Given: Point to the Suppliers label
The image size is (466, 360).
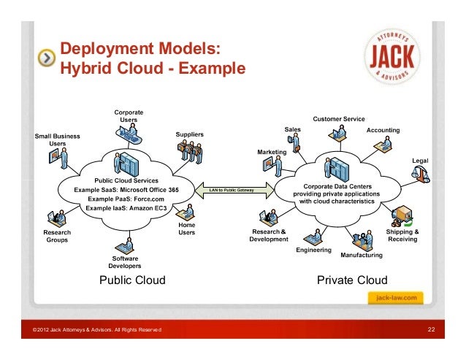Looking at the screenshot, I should click(x=189, y=134).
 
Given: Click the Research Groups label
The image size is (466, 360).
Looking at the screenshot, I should click(x=57, y=235).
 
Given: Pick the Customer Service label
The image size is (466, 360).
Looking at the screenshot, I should click(x=338, y=118).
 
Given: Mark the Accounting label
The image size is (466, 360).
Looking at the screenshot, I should click(x=383, y=130).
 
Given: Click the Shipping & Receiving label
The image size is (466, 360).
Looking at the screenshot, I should click(x=402, y=235).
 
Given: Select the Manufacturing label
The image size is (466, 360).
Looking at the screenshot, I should click(x=362, y=255).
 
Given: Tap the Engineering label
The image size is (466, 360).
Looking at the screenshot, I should click(x=313, y=250).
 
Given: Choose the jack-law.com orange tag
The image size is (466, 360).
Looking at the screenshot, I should click(x=396, y=298).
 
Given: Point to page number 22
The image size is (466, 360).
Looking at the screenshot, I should click(x=431, y=332).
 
